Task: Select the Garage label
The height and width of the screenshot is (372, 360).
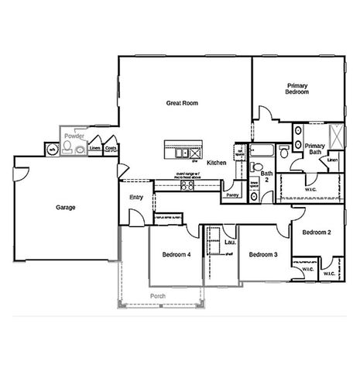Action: [65, 207]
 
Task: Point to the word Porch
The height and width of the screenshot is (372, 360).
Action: [158, 296]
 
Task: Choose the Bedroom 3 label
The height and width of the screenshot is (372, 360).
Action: [262, 255]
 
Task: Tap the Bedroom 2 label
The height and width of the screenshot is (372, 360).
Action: [317, 232]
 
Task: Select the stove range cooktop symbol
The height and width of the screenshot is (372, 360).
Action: [187, 184]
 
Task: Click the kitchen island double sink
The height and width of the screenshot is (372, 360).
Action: [181, 153]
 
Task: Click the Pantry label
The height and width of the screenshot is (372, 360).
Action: [232, 195]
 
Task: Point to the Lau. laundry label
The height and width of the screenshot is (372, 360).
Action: [229, 243]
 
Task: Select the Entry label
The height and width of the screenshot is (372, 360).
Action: [136, 197]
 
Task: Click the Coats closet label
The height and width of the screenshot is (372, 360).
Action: [111, 147]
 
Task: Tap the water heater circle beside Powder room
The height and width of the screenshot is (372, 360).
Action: [52, 148]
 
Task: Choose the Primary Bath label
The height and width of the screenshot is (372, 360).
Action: [314, 149]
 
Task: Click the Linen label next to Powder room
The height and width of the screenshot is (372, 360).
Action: [95, 147]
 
